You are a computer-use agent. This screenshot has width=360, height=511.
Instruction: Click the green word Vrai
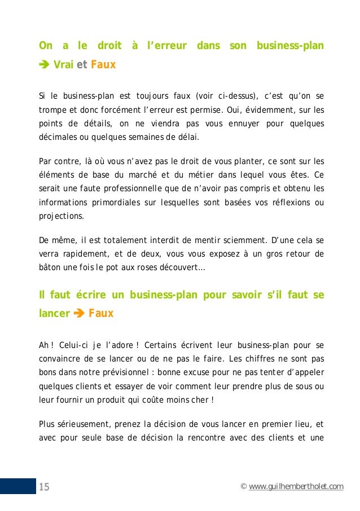point(63,65)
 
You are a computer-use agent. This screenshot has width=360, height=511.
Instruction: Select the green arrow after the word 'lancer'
point(79,313)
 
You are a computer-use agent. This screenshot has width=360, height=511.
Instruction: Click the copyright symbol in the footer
point(243,487)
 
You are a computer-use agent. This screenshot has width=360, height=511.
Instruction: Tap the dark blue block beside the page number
point(17,487)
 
